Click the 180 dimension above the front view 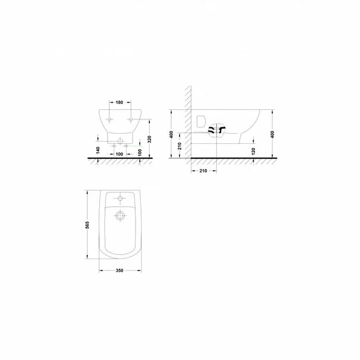point(120,103)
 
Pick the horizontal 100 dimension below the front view point(120,155)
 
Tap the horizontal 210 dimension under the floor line point(202,171)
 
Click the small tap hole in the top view point(120,198)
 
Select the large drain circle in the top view point(120,217)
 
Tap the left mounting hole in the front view point(108,120)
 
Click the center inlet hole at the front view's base point(119,142)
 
